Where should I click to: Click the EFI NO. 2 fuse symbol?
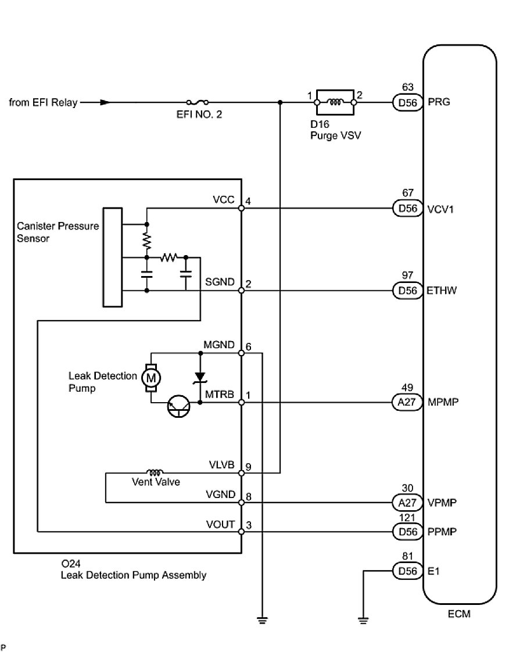pyautogui.click(x=198, y=102)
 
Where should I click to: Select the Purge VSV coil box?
pyautogui.click(x=335, y=102)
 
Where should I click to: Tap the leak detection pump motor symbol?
pyautogui.click(x=151, y=378)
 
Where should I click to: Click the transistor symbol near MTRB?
pyautogui.click(x=179, y=406)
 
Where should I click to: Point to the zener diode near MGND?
pyautogui.click(x=200, y=377)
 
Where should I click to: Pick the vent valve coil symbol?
pyautogui.click(x=155, y=472)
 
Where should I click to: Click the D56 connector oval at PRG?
pyautogui.click(x=407, y=102)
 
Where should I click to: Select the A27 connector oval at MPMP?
pyautogui.click(x=407, y=402)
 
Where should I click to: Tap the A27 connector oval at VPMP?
pyautogui.click(x=407, y=502)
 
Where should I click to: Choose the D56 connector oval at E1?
pyautogui.click(x=407, y=571)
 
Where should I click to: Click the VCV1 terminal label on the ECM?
pyautogui.click(x=440, y=209)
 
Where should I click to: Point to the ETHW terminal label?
pyautogui.click(x=442, y=290)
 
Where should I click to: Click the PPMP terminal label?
pyautogui.click(x=442, y=532)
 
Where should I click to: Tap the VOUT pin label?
pyautogui.click(x=220, y=524)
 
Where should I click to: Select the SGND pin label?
pyautogui.click(x=220, y=282)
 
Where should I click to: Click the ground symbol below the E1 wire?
pyautogui.click(x=363, y=621)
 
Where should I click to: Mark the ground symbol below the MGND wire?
pyautogui.click(x=262, y=621)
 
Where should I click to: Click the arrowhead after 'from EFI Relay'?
pyautogui.click(x=106, y=102)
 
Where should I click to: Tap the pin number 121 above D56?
pyautogui.click(x=407, y=518)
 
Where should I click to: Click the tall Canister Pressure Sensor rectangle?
pyautogui.click(x=113, y=257)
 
